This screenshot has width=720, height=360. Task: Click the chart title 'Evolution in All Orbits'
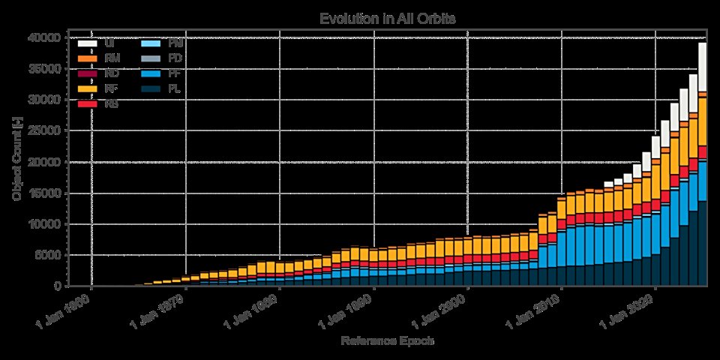coord(388,18)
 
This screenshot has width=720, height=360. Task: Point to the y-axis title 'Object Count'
coord(17,159)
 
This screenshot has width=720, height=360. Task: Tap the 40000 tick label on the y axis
coord(46,37)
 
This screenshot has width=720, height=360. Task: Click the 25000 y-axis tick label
coord(46,130)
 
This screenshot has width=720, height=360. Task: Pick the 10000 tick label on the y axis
coord(46,224)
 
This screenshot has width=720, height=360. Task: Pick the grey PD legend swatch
coord(150,58)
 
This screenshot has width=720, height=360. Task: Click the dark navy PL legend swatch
coord(150,89)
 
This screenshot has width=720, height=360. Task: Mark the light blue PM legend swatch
coord(150,43)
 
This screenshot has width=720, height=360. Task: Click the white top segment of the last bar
coord(703,67)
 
